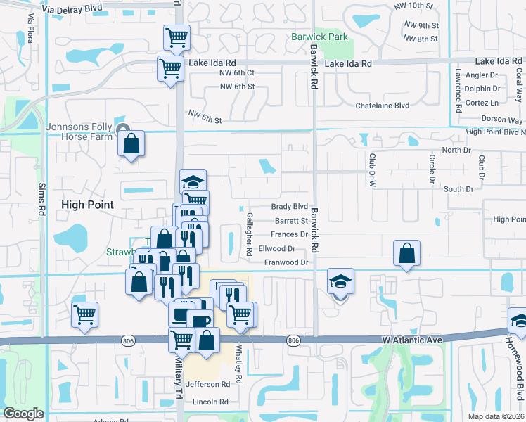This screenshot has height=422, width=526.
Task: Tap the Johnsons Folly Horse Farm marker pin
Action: coord(125,129)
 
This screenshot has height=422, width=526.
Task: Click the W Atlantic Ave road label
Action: coord(412,340)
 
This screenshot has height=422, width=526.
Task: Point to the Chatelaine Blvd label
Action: coord(382,105)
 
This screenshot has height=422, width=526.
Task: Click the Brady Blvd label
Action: coord(290,207)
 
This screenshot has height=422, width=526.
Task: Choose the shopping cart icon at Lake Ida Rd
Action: coord(170,69)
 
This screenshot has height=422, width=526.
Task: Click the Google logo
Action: coord(23,414)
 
